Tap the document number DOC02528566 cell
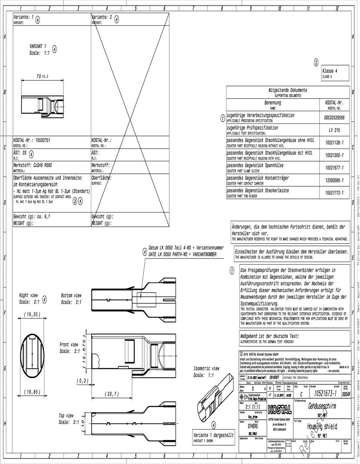pos(334,118)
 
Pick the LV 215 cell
pos(334,130)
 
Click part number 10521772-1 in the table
pos(334,192)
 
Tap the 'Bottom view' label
pos(71,295)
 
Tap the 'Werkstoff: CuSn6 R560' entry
pos(33,166)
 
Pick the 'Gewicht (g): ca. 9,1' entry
pos(32,216)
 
